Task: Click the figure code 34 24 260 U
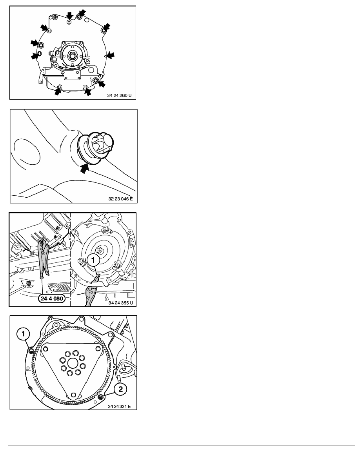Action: (x=119, y=95)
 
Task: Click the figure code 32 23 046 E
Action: (x=120, y=199)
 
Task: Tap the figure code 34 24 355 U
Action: (x=121, y=303)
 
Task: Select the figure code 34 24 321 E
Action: (x=119, y=406)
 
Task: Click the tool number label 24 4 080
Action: (x=52, y=299)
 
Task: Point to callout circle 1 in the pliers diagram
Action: (x=93, y=260)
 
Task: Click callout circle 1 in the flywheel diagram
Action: (x=23, y=334)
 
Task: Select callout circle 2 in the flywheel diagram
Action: (x=120, y=389)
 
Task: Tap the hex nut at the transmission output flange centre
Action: (x=72, y=55)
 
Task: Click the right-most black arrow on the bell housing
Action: (x=110, y=55)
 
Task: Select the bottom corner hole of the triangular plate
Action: (x=73, y=396)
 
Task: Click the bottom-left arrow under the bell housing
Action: (x=58, y=91)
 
